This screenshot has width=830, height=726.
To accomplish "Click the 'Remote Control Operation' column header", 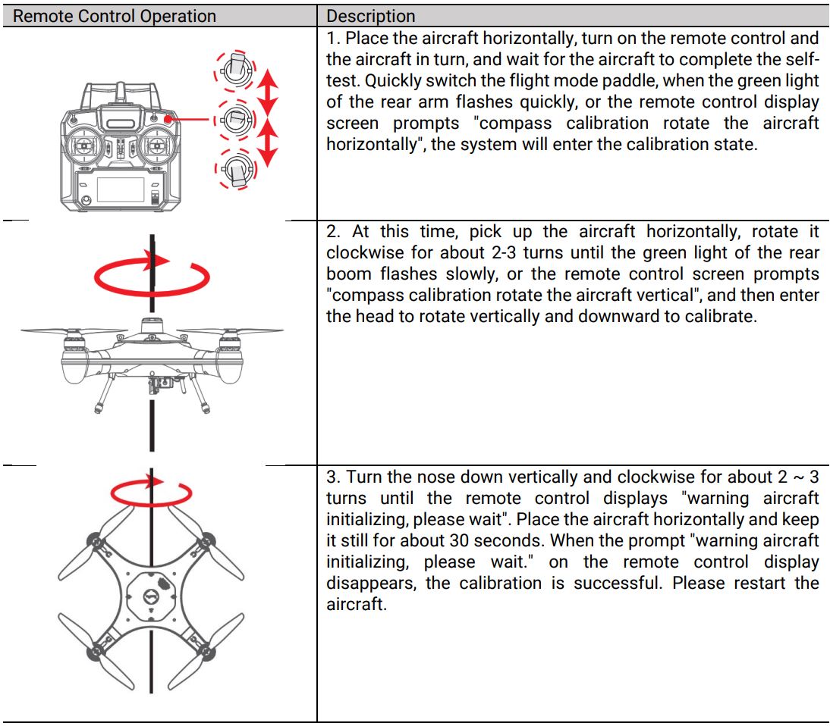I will click(115, 16).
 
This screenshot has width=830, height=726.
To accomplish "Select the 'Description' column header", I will click(371, 16).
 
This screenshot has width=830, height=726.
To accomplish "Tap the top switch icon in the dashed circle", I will click(237, 70).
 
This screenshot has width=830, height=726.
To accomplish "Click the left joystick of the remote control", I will click(88, 147).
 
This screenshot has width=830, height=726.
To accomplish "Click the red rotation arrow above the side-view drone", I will click(152, 278).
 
